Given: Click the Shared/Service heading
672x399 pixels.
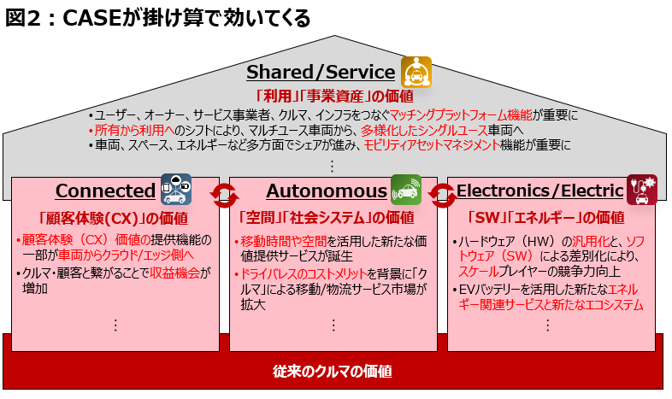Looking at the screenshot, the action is [x=321, y=72].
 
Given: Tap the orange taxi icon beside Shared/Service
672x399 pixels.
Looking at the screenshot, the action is [x=416, y=72].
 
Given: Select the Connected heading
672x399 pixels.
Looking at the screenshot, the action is [x=105, y=191].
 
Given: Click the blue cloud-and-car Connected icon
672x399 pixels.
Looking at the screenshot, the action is [x=176, y=189].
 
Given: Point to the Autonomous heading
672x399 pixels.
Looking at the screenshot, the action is [x=327, y=191].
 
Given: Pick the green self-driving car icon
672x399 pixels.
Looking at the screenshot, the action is [x=406, y=190].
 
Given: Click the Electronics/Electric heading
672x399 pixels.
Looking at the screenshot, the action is [x=540, y=191].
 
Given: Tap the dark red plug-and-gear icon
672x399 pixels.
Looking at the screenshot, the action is [x=641, y=190].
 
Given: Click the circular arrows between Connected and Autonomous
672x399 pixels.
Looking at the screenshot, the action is [x=224, y=196].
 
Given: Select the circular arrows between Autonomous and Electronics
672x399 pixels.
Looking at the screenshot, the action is [x=442, y=196].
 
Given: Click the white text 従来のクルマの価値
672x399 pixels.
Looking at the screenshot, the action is [x=333, y=371].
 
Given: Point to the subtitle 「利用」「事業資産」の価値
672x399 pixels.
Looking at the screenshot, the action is [x=334, y=96].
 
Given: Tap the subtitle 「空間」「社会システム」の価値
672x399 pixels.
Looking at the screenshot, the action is [x=327, y=218].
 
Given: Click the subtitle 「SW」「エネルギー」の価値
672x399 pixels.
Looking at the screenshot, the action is [x=546, y=218].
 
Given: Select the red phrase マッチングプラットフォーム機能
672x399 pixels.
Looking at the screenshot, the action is [x=461, y=114].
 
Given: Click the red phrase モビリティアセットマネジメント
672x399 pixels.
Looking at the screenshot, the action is [x=432, y=145].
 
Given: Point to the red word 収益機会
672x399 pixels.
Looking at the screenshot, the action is [x=175, y=273].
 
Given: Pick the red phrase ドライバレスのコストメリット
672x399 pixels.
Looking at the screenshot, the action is [x=303, y=274].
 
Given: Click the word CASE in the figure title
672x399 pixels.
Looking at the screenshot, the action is [x=92, y=18].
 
